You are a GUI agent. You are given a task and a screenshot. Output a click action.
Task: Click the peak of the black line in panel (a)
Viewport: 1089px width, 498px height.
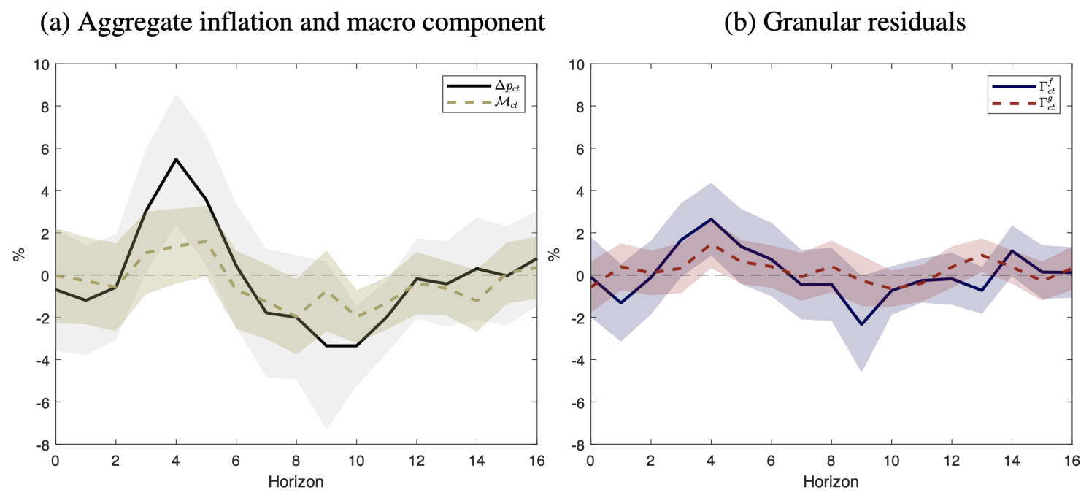[177, 159]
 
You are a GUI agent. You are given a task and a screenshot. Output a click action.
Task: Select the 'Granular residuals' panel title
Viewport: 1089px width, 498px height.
[844, 23]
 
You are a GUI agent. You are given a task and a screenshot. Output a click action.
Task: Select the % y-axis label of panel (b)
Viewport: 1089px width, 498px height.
[554, 254]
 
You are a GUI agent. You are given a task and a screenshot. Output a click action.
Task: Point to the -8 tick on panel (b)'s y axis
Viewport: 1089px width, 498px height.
[576, 444]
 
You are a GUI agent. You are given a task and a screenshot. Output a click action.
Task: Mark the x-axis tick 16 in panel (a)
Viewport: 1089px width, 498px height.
[536, 461]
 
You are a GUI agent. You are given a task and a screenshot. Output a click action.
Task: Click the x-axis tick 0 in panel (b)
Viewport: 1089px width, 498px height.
[590, 461]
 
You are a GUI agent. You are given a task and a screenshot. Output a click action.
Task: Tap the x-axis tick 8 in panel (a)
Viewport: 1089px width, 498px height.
[296, 461]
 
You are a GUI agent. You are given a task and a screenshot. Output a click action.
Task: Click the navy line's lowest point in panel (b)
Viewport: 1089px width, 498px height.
[861, 324]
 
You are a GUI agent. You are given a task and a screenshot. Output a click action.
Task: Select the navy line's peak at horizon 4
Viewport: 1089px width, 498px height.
[711, 219]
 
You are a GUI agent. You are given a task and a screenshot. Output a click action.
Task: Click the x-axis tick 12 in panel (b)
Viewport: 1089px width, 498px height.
[951, 461]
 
